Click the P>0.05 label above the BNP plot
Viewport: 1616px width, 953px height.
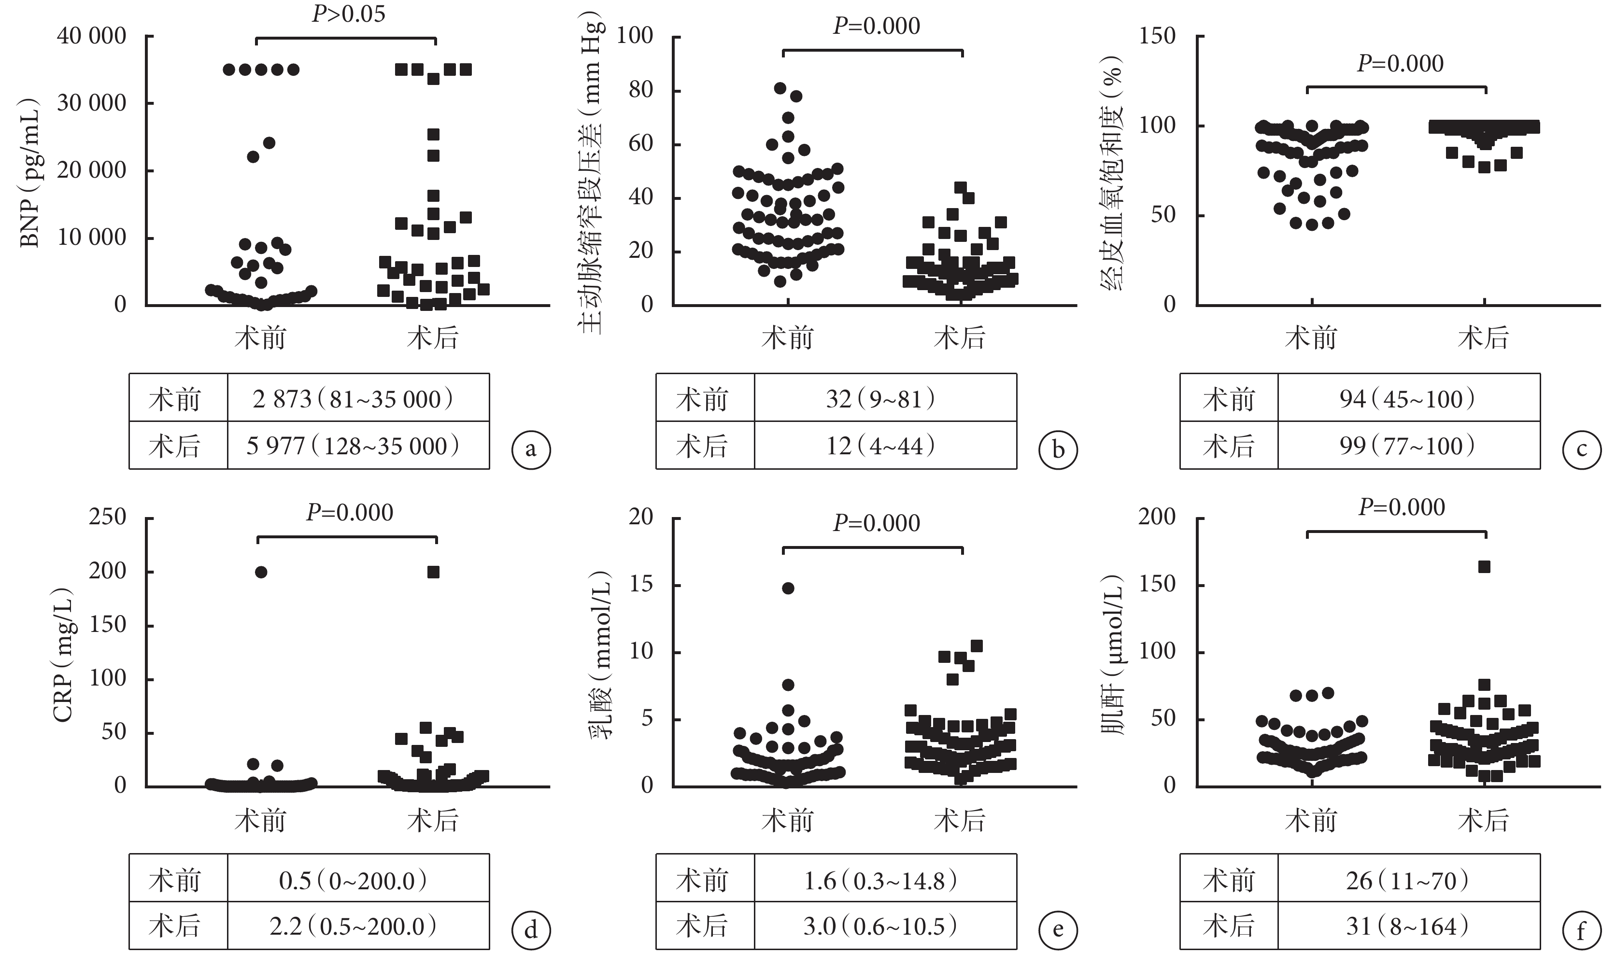click(349, 14)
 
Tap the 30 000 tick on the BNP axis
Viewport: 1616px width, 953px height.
click(92, 103)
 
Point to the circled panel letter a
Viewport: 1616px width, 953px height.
click(530, 449)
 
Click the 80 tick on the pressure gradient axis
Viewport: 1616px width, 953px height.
click(640, 91)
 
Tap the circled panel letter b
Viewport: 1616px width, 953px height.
click(1058, 449)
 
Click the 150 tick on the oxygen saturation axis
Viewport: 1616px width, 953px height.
click(1157, 36)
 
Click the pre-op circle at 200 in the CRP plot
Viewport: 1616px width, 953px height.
click(261, 572)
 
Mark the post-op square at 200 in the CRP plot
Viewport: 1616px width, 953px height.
click(434, 572)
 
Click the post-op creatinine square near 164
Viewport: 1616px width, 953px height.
click(1484, 566)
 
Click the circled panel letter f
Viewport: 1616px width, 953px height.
click(1581, 930)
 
